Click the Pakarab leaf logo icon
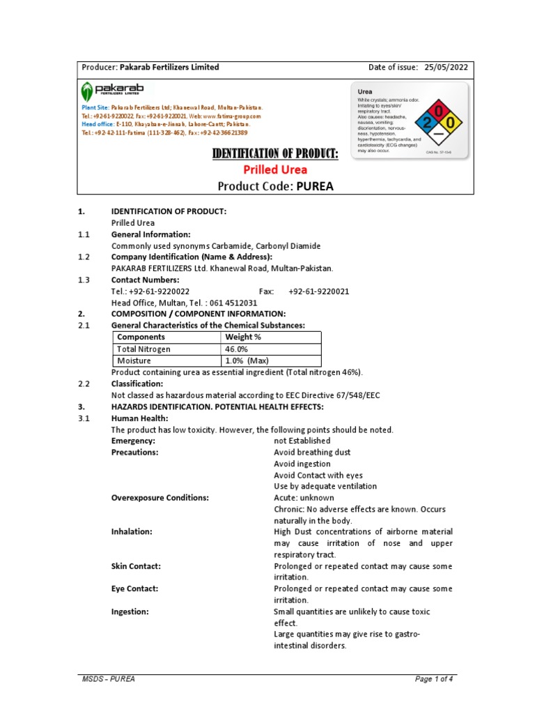(86, 91)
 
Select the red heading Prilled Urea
(274, 169)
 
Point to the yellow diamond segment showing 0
(451, 123)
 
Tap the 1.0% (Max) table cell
(247, 361)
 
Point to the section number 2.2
(84, 384)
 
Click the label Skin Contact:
(136, 566)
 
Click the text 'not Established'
(302, 441)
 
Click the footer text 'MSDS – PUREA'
(104, 679)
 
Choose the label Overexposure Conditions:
(160, 498)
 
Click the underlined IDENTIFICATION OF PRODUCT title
(274, 153)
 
